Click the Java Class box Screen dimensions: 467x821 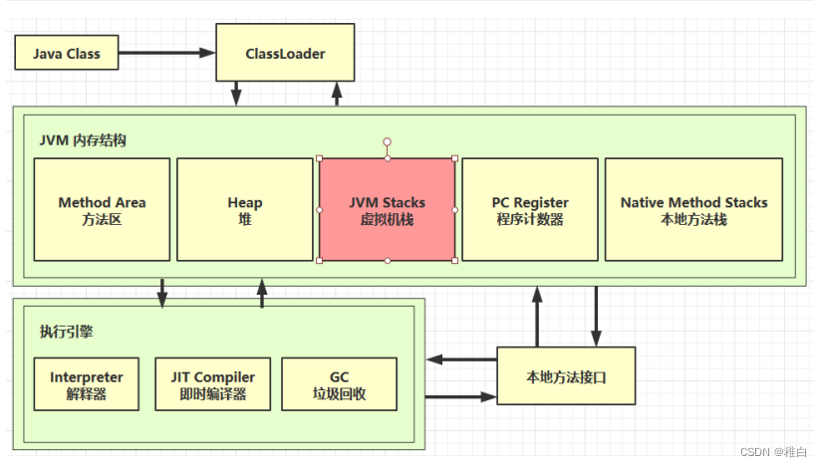coord(66,53)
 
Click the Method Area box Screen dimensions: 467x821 coord(102,209)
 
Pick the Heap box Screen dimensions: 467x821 coord(244,209)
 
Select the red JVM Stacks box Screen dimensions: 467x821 coord(387,209)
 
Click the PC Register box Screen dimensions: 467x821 coord(529,209)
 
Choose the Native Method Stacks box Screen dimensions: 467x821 coord(693,209)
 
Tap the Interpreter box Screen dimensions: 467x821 coord(87,384)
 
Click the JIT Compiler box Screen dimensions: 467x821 coord(212,384)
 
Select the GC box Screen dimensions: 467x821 coord(338,384)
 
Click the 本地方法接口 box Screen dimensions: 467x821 coord(565,376)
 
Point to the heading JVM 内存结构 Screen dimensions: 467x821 coord(84,140)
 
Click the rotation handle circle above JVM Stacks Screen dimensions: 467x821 coord(387,142)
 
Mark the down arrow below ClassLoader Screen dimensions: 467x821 coord(237,94)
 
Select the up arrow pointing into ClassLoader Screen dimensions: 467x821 coord(337,94)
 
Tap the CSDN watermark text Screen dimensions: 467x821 coord(772,450)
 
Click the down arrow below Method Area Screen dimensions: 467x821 coord(162,293)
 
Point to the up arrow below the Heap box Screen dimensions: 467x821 coord(262,293)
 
